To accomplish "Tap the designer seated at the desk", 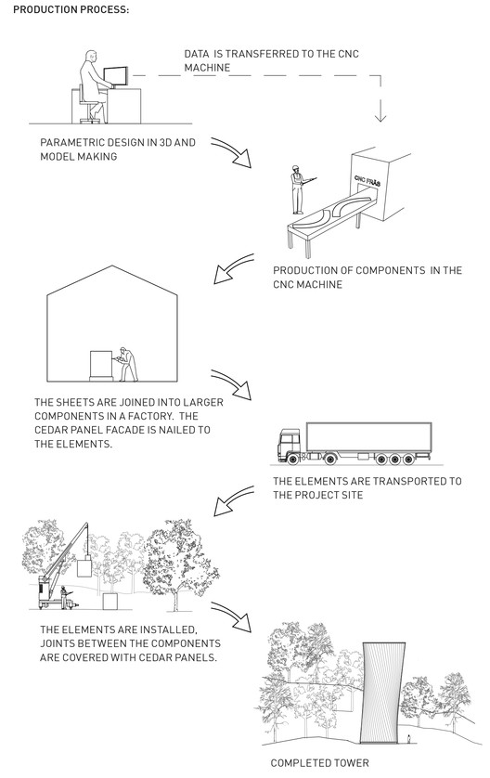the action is [x=93, y=84].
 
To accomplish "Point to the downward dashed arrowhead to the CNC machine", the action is [x=380, y=116].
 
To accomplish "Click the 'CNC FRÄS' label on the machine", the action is [x=367, y=180].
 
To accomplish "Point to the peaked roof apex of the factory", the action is [x=112, y=266].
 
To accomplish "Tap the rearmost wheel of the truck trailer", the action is [x=408, y=459].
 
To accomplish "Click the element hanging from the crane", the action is [x=84, y=567].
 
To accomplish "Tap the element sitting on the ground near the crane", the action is [x=110, y=602].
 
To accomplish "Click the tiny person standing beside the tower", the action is [x=408, y=738].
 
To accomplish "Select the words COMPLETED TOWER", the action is [x=320, y=762].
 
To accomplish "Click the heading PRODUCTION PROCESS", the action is [x=71, y=9].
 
